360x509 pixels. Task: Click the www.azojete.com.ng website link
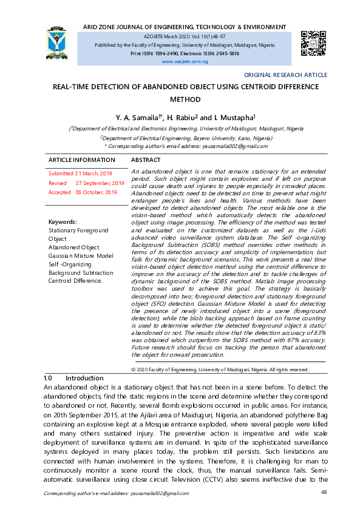(185, 62)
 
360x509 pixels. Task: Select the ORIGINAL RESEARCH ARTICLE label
(285, 75)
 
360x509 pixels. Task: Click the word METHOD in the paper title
(185, 99)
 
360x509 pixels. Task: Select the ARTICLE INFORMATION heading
(82, 160)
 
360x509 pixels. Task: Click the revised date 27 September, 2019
(100, 183)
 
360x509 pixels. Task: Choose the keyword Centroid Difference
(75, 281)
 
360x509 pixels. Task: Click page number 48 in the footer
(324, 492)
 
